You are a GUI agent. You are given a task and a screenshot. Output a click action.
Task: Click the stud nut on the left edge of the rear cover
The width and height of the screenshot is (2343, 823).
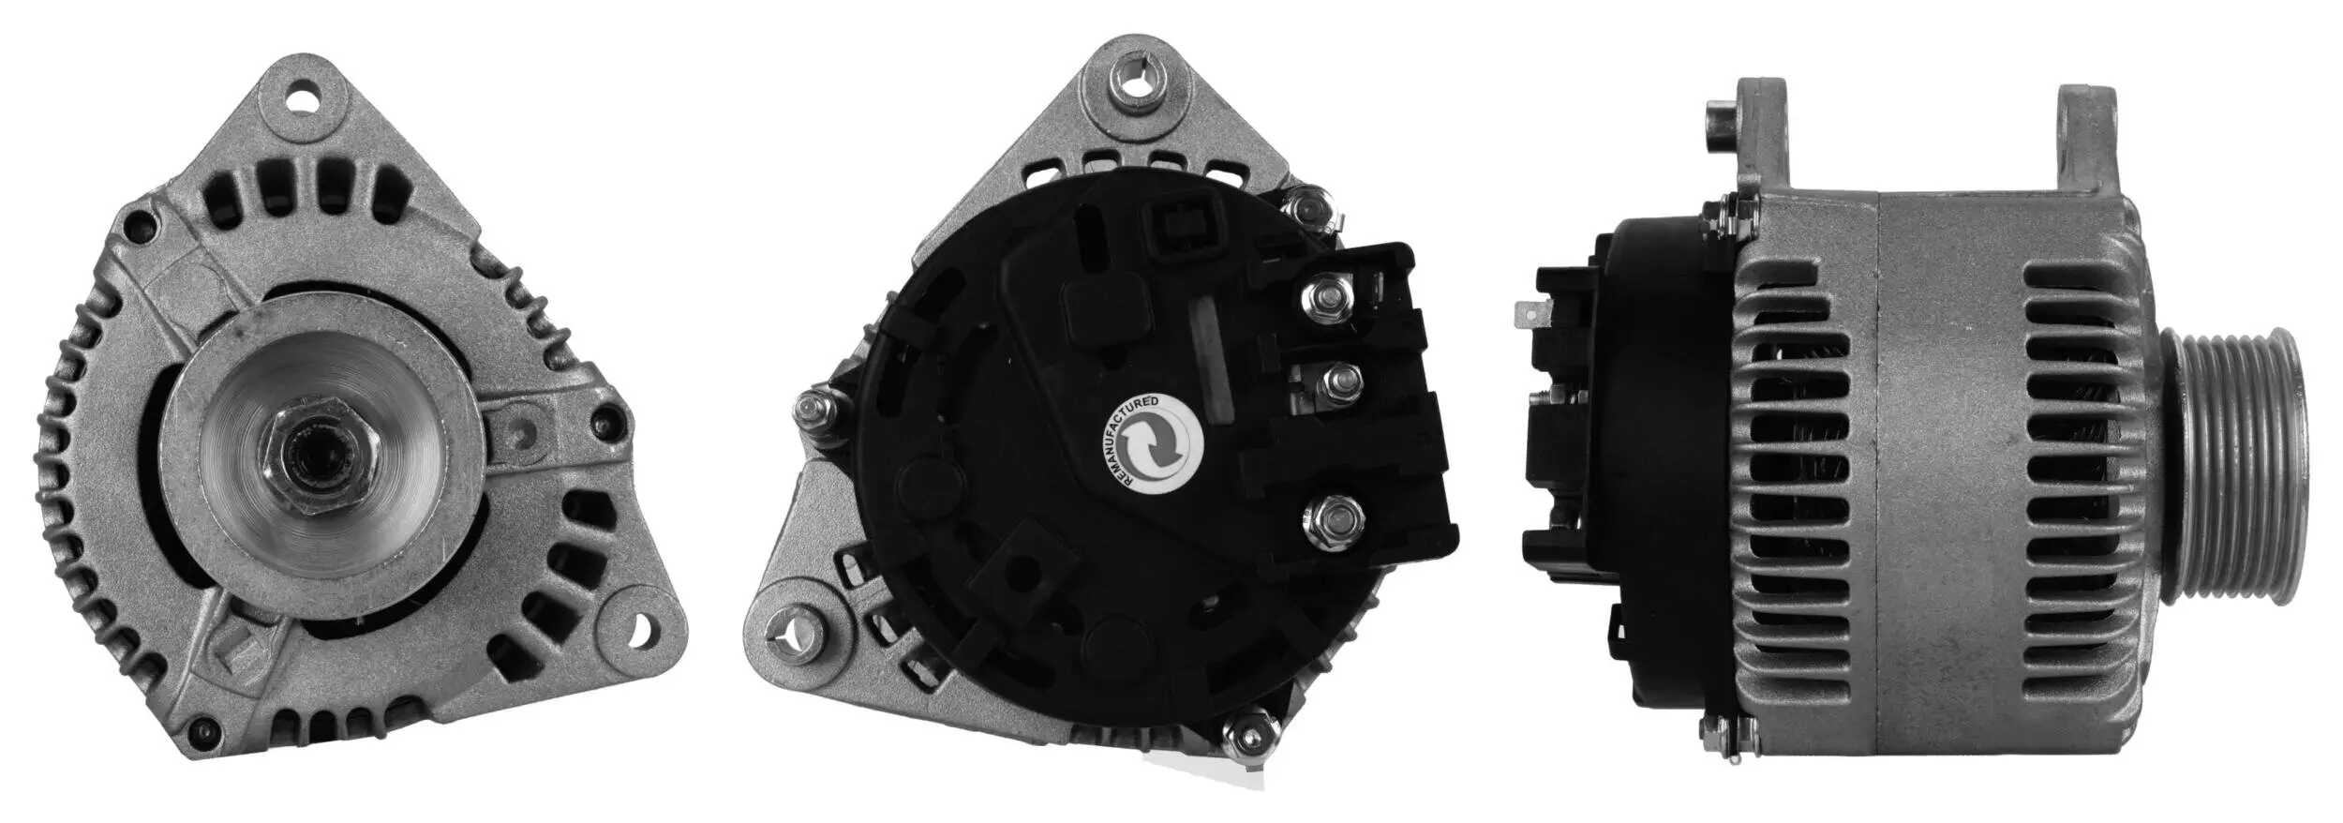coord(811,410)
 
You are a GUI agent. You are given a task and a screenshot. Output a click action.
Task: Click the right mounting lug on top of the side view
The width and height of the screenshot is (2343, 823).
coord(2086,150)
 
